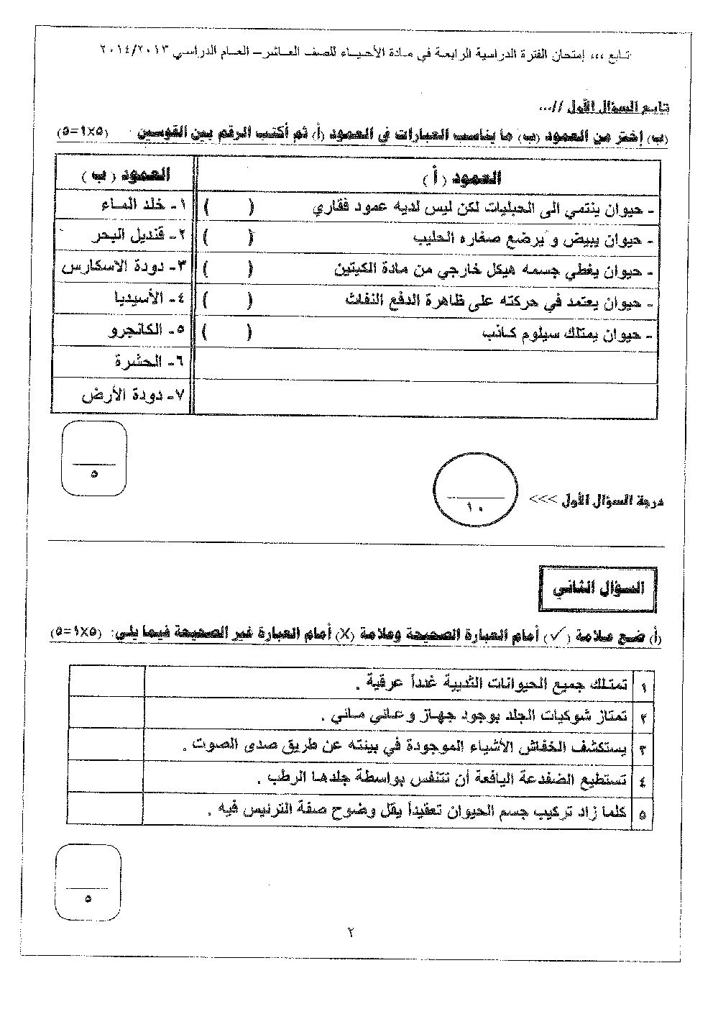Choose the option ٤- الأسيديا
[x=147, y=298]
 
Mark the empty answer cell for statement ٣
[x=107, y=748]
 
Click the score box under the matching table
[x=95, y=459]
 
